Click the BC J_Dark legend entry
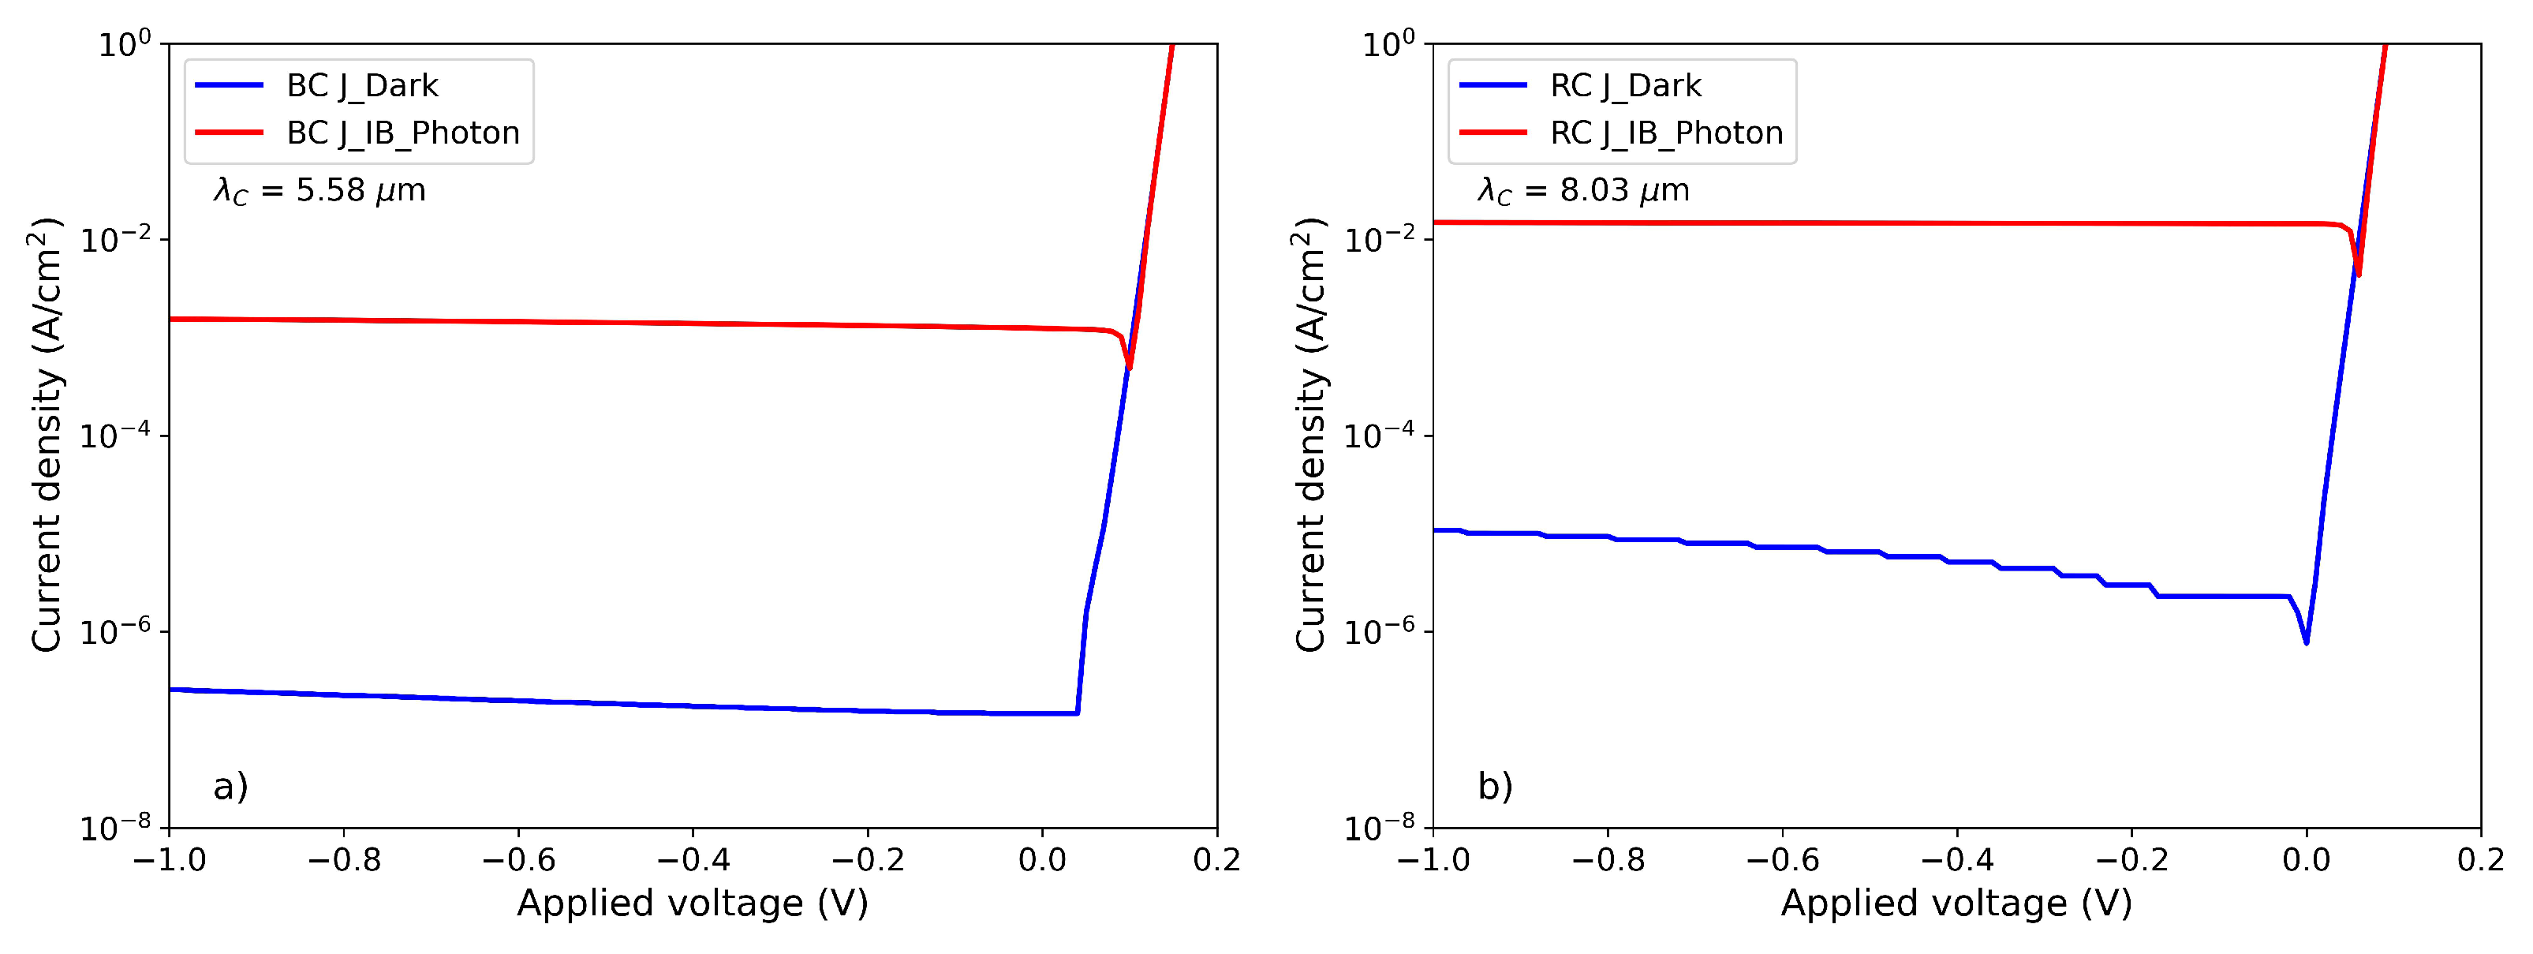361,85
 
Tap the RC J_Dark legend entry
1624,85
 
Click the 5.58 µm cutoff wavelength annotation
319,190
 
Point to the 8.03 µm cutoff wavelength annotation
1583,190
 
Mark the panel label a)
230,786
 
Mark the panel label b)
1495,786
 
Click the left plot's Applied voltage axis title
693,903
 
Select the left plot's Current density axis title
47,434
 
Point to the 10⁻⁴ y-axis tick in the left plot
115,436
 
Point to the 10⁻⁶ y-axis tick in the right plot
1379,631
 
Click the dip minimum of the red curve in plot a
1130,367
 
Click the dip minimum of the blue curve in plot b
2306,642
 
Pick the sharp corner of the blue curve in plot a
1078,713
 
